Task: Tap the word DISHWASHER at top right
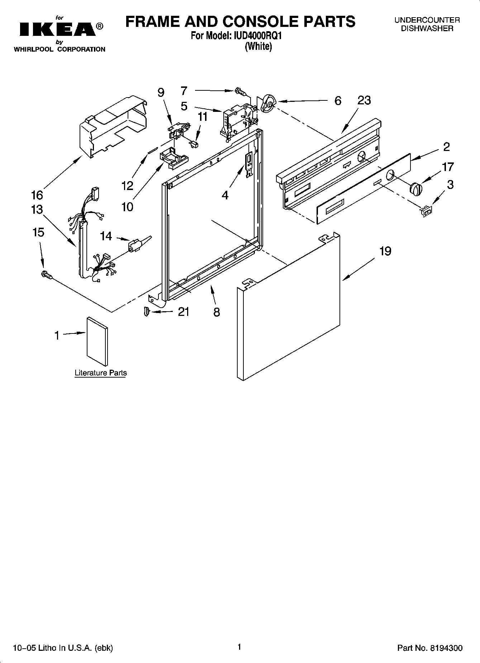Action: (427, 29)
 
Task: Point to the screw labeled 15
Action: (47, 275)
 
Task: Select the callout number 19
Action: (385, 251)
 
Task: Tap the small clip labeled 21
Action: (146, 312)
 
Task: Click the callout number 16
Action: (37, 195)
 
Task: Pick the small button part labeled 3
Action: (427, 211)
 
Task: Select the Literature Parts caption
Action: (100, 373)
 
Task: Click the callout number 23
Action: (364, 101)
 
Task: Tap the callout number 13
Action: (37, 209)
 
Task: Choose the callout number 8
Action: (216, 312)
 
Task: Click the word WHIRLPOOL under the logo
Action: (34, 49)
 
